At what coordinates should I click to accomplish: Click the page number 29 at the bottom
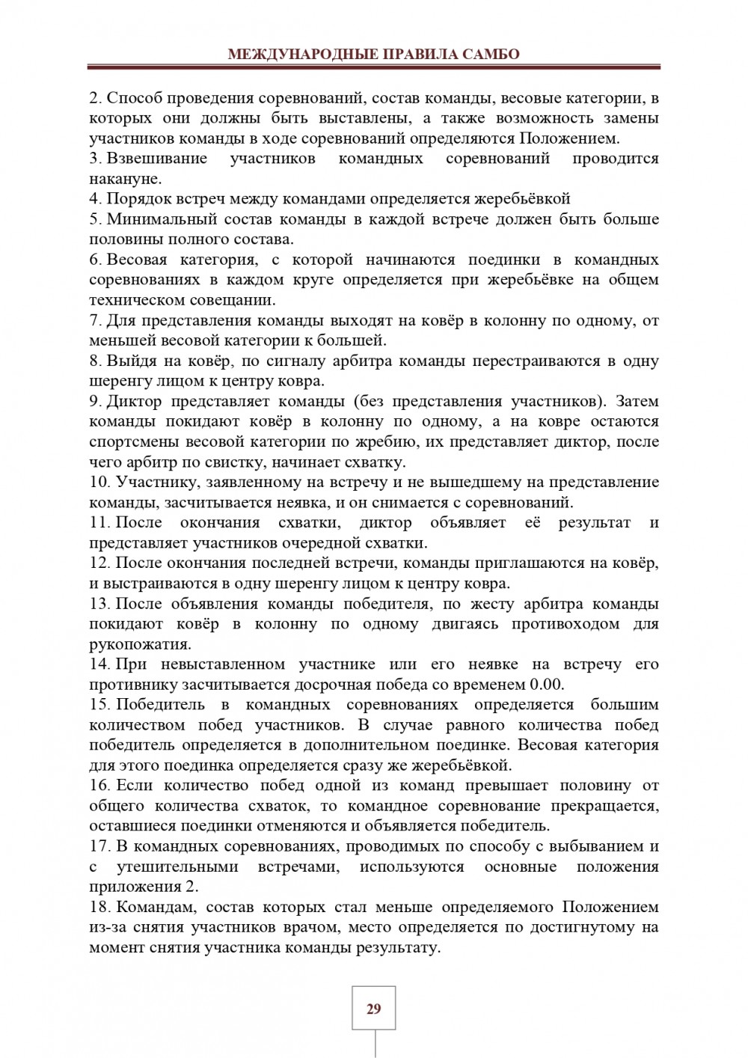(374, 1009)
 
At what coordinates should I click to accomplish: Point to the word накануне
(124, 179)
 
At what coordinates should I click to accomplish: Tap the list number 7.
(95, 320)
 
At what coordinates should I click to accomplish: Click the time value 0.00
(546, 684)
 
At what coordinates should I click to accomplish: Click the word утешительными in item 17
(177, 866)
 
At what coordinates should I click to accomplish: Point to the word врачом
(380, 927)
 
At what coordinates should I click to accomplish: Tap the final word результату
(397, 947)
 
